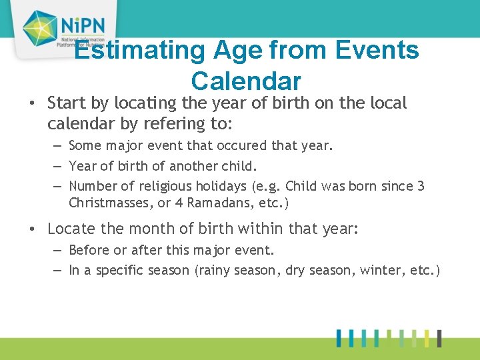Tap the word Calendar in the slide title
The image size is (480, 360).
246,81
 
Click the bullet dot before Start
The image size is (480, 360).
32,105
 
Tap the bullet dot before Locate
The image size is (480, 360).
32,229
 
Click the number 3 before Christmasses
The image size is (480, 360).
421,187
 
